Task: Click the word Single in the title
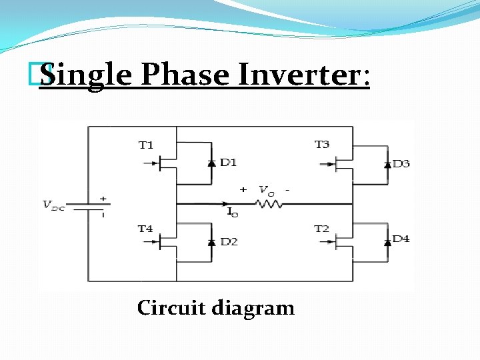(x=85, y=75)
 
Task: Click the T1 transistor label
(x=146, y=145)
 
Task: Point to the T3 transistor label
(x=322, y=145)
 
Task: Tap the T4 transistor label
(x=146, y=229)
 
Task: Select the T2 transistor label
(x=322, y=229)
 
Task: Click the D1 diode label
(x=229, y=162)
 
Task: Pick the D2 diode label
(x=229, y=241)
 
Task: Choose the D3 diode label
(x=401, y=163)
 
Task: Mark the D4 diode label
(x=401, y=239)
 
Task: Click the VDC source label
(x=54, y=205)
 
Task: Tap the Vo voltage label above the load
(x=265, y=190)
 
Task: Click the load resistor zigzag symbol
(x=270, y=203)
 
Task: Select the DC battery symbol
(x=89, y=205)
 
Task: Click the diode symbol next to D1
(x=211, y=163)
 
